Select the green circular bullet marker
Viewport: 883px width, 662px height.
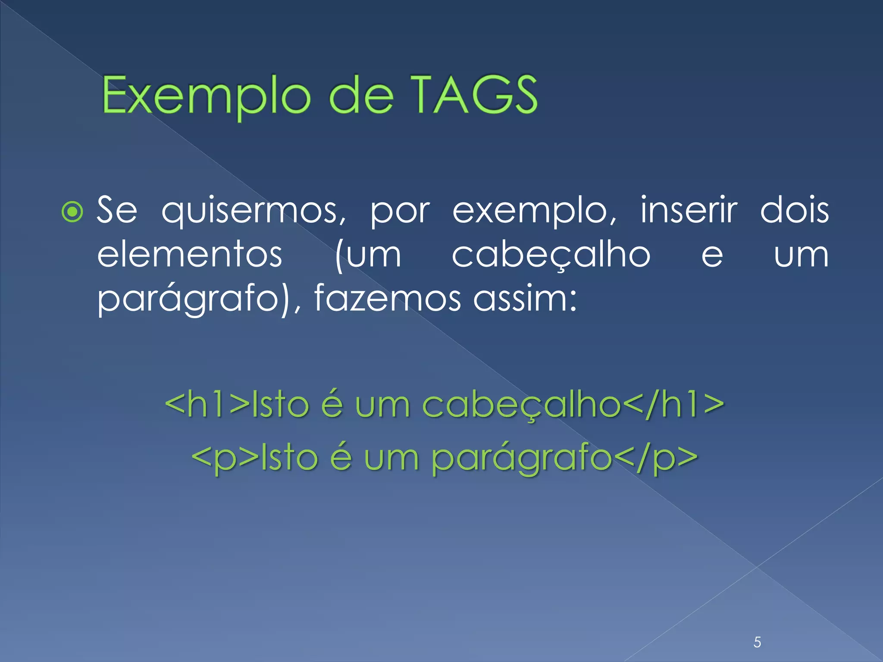pos(72,212)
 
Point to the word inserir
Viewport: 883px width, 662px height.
pos(689,210)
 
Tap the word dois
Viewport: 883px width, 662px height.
pos(794,210)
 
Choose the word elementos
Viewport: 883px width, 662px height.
pos(190,255)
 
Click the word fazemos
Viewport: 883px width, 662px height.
pos(387,299)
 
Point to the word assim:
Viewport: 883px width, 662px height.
pos(525,299)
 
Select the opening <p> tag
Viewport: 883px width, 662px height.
pos(225,458)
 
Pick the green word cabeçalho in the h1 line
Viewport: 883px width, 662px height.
pos(521,405)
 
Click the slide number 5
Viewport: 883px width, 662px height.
pos(757,642)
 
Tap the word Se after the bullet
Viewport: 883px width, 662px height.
pos(117,210)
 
